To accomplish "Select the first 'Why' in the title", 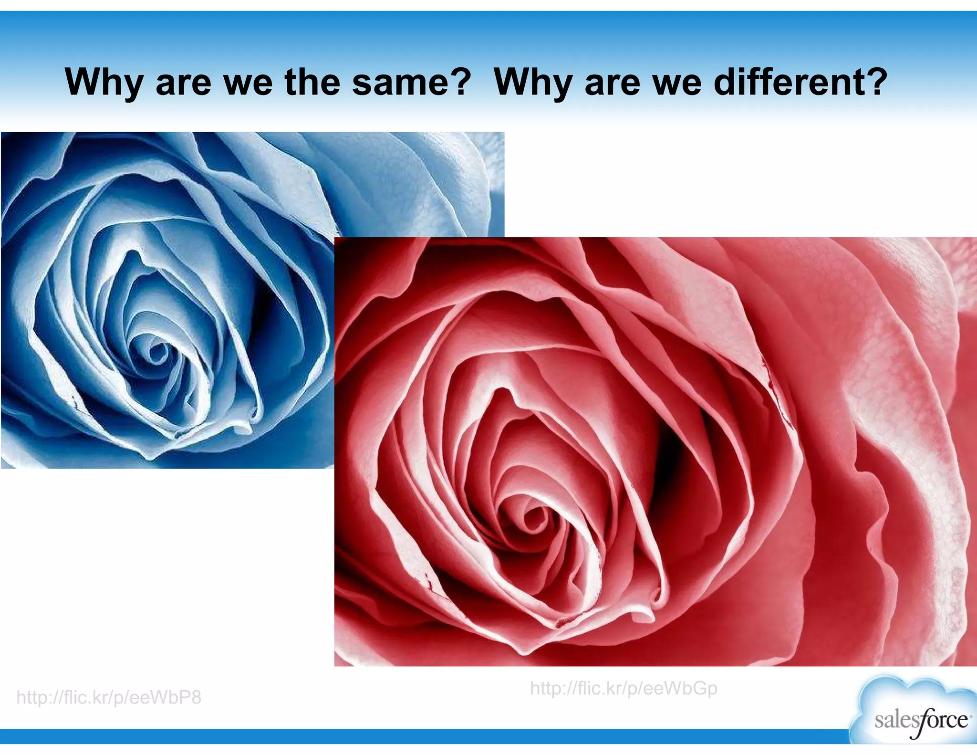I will (x=104, y=82).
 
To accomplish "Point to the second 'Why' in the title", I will (x=533, y=82).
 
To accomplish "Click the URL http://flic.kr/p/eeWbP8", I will (x=109, y=698).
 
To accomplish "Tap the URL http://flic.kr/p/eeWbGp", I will (x=624, y=689).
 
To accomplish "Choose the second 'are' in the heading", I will (x=613, y=82).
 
